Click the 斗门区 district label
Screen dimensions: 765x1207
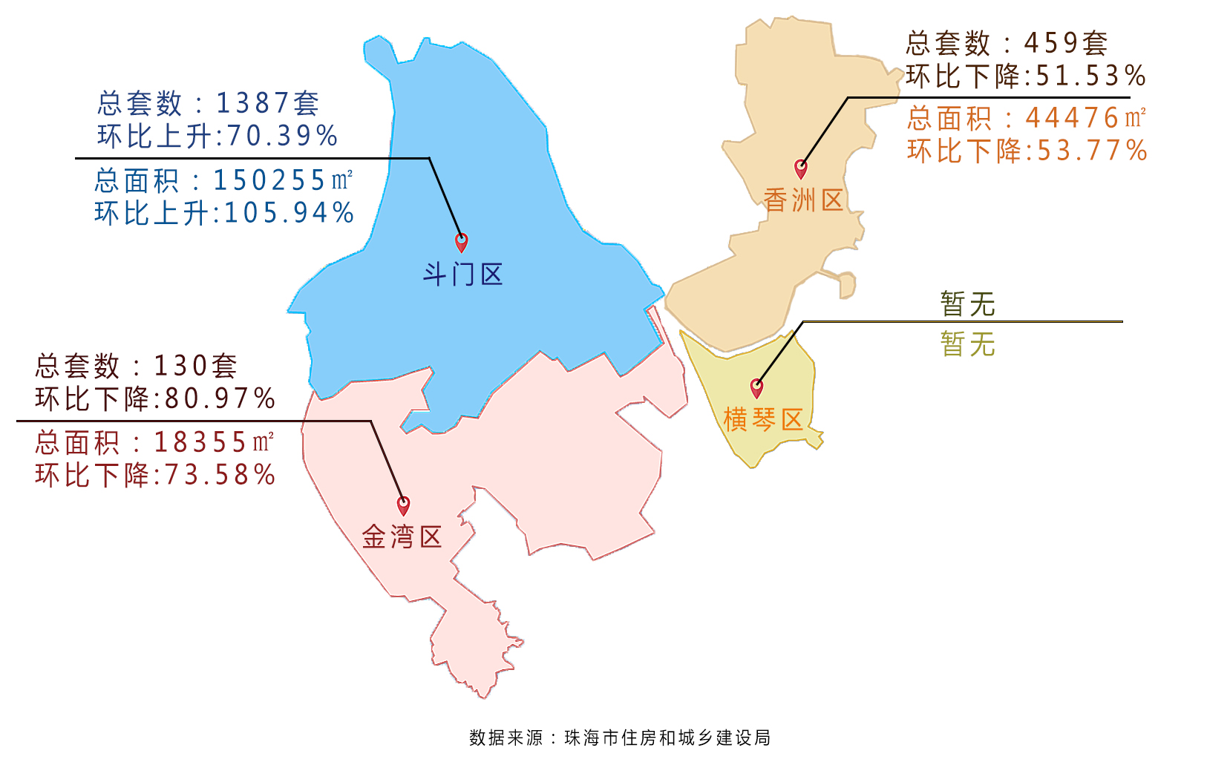tap(462, 275)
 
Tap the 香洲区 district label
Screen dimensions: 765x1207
tap(803, 200)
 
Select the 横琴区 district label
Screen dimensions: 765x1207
tap(763, 420)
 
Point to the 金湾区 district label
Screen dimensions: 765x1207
tap(402, 537)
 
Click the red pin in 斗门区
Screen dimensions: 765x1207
tap(461, 242)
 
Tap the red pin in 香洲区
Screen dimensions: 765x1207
tap(800, 168)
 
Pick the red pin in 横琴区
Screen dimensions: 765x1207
tap(756, 387)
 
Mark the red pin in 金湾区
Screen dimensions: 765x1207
tap(403, 505)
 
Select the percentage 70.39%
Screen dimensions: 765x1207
tap(283, 137)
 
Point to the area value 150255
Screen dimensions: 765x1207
tap(270, 180)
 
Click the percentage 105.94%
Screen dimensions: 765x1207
tap(289, 214)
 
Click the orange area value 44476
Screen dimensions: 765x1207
tap(1073, 118)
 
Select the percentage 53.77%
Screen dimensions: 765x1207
tap(1091, 151)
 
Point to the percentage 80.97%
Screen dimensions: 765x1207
tap(220, 399)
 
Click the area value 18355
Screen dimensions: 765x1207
tap(200, 443)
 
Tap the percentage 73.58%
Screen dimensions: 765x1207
tap(220, 475)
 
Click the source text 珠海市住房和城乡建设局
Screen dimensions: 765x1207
tap(667, 738)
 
